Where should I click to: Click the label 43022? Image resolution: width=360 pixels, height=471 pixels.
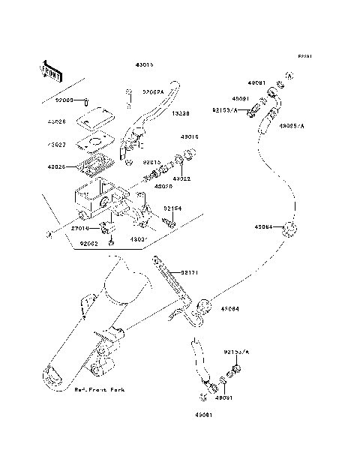tap(182, 179)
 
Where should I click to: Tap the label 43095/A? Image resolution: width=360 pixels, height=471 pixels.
tap(291, 126)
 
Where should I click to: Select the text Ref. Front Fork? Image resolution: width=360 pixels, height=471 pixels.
tap(100, 391)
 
